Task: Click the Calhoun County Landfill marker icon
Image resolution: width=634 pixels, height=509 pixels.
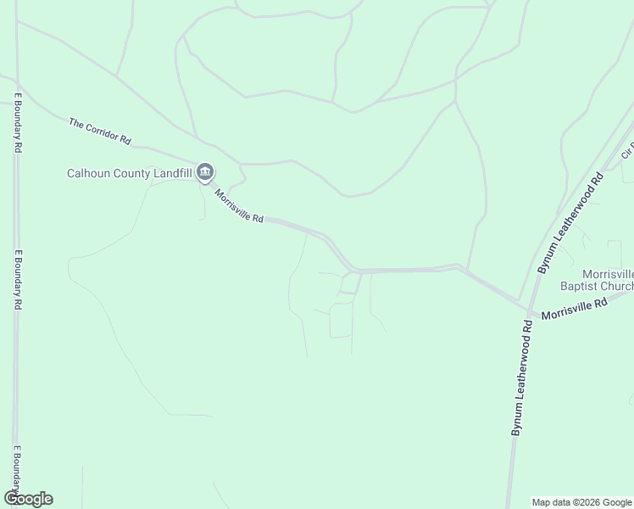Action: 205,173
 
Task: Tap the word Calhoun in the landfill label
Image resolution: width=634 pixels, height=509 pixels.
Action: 89,174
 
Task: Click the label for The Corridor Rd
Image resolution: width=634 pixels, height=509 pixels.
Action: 100,131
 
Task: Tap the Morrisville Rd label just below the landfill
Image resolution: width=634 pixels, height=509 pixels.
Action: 238,206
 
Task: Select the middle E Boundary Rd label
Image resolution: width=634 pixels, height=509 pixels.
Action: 18,279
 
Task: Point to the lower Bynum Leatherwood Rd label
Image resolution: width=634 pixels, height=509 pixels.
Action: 520,378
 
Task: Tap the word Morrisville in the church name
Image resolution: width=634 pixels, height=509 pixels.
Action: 608,274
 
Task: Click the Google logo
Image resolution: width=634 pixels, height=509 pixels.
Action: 28,499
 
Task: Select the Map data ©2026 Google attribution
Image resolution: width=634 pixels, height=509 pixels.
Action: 581,502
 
